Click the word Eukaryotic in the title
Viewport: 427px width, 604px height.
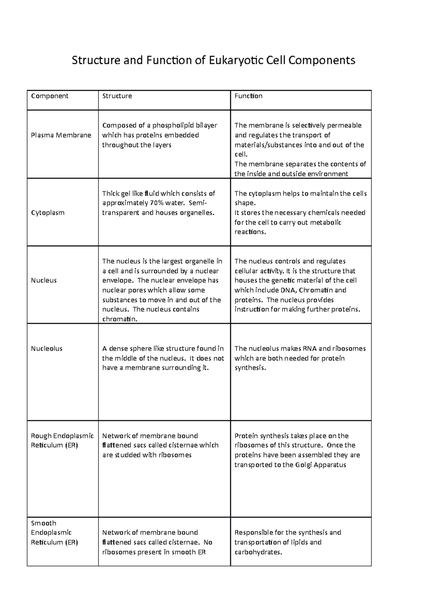coord(236,61)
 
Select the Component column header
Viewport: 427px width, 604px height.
coord(49,96)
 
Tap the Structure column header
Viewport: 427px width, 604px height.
coord(117,96)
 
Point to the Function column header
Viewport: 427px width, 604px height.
coord(248,96)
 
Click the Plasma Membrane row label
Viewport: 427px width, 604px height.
coord(61,135)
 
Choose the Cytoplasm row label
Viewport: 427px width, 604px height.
coord(48,213)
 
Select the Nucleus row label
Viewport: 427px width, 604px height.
coord(44,280)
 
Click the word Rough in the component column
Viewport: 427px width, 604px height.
coord(41,436)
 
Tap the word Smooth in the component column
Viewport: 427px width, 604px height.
coord(43,523)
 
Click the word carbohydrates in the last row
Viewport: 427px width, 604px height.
coord(258,552)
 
